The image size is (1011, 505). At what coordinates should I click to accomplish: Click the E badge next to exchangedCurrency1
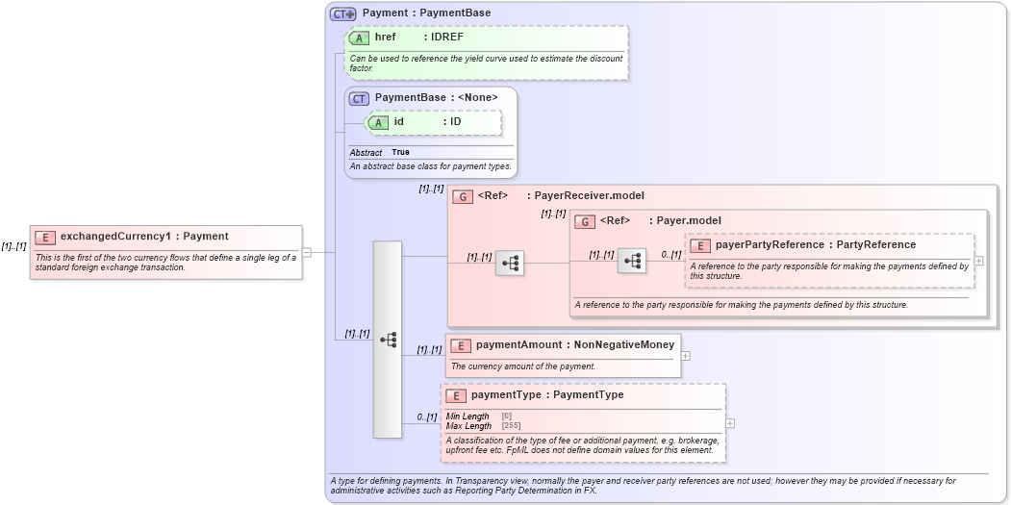coord(44,237)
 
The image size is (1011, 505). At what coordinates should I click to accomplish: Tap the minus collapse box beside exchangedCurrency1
coord(306,252)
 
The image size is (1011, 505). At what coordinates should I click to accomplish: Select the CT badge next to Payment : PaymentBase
coord(342,13)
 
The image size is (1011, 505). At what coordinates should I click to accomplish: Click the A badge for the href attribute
coord(359,38)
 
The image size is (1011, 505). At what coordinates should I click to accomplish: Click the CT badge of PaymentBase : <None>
coord(359,98)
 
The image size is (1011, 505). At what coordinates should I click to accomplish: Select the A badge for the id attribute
coord(378,122)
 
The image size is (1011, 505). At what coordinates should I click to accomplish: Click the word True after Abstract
coord(400,153)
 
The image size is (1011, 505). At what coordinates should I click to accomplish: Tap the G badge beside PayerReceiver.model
coord(463,196)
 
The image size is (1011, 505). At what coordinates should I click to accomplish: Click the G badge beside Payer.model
coord(585,221)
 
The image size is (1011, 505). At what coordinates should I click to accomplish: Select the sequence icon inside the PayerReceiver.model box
coord(510,262)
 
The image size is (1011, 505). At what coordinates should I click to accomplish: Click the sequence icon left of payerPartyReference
coord(632,260)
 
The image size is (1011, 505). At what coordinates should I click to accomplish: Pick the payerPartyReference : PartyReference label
coord(815,245)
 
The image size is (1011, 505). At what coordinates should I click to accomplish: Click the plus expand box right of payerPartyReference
coord(978,260)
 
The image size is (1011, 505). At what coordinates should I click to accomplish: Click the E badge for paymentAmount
coord(461,345)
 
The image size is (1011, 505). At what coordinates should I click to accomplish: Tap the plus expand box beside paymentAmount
coord(685,355)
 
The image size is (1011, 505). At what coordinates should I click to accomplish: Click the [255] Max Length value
coord(512,425)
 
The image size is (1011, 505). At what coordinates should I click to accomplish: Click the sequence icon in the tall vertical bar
coord(389,340)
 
